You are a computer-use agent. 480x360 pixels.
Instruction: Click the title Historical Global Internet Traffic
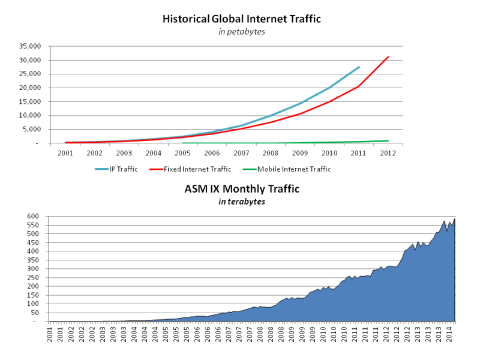click(x=242, y=19)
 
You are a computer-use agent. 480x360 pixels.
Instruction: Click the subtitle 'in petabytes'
click(x=242, y=32)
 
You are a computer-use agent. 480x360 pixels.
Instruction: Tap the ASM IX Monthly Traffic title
click(x=242, y=189)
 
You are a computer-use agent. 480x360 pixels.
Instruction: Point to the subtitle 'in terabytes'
click(x=242, y=202)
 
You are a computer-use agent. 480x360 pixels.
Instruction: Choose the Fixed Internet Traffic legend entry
click(x=191, y=169)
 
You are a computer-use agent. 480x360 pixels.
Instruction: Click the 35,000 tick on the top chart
click(x=29, y=46)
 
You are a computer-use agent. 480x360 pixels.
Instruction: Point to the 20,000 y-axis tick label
click(x=29, y=88)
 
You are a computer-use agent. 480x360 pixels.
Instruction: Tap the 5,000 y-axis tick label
click(x=31, y=129)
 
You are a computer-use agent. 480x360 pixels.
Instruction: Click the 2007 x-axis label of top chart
click(x=241, y=153)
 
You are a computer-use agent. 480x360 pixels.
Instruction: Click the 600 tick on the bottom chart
click(x=32, y=216)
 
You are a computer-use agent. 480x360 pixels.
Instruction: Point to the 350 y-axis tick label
click(x=32, y=260)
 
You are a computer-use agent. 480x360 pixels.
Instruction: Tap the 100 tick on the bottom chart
click(x=32, y=304)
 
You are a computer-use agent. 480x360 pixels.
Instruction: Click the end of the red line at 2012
click(x=389, y=57)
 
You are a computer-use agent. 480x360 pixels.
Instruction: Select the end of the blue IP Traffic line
click(x=359, y=67)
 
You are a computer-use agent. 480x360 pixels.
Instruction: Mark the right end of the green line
click(x=389, y=140)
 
